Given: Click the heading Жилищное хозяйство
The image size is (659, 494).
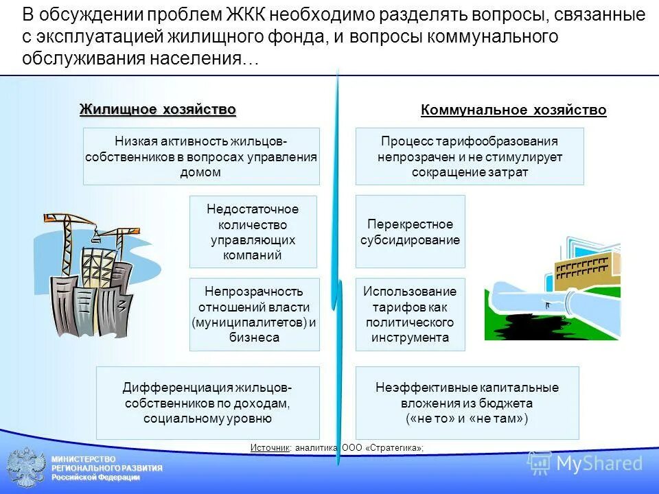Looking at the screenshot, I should coord(158,110).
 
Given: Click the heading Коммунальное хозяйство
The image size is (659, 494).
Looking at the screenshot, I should coord(513,110).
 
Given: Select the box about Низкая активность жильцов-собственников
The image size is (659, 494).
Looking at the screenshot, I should coord(201,156).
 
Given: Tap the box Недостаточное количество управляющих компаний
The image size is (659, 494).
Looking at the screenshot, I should coord(253,232).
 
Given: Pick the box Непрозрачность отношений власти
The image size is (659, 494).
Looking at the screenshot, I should coord(253,314).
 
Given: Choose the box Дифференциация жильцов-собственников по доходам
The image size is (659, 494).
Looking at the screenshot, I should coord(208,403).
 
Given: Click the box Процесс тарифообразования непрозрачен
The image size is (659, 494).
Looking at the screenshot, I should coord(470,156).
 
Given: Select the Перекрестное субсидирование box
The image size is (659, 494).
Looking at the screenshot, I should coord(410,232).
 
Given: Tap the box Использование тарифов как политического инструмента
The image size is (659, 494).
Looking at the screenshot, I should coord(410,314).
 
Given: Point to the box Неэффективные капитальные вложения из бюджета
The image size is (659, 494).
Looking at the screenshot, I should coord(467,403).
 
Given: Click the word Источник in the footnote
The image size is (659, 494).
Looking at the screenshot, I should coord(270,448).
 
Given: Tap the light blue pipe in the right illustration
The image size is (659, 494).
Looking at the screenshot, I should coord(542,302).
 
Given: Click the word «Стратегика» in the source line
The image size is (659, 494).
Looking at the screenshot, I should coord(394,448).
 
